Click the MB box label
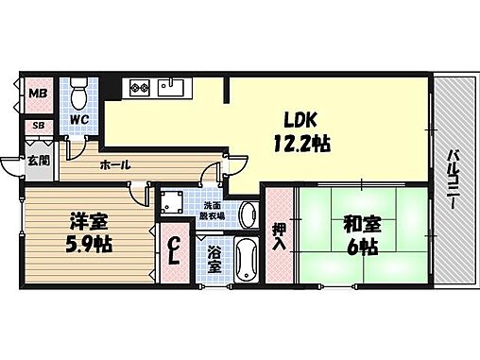(38, 94)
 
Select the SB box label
(39, 124)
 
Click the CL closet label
(174, 252)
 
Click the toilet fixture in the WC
(79, 94)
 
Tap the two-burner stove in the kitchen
(140, 90)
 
